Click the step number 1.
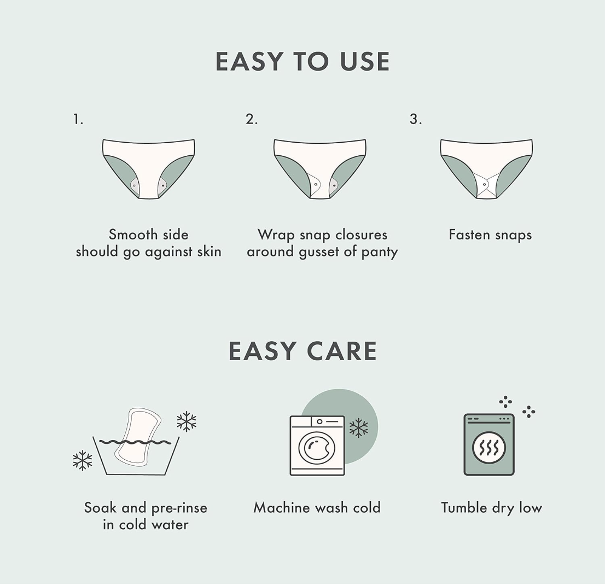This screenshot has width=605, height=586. pos(78,119)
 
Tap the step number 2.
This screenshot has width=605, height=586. pos(252,119)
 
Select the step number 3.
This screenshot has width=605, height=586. pos(416,119)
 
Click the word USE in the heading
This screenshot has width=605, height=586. pos(365,61)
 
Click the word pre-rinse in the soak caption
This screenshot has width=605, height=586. pos(179,508)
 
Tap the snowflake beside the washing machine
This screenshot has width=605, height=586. pos(358,428)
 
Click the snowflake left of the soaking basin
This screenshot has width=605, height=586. pos(83,460)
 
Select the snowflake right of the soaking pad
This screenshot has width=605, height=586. pos(187,421)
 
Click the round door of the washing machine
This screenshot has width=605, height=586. pos(317,448)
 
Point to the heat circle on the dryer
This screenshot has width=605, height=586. pos(489,447)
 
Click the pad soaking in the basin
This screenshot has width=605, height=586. pos(138,436)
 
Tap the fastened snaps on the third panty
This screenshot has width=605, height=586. pos(486,185)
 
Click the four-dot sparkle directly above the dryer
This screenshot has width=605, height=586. pos(505,402)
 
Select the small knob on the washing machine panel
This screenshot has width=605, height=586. pos(319,422)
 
